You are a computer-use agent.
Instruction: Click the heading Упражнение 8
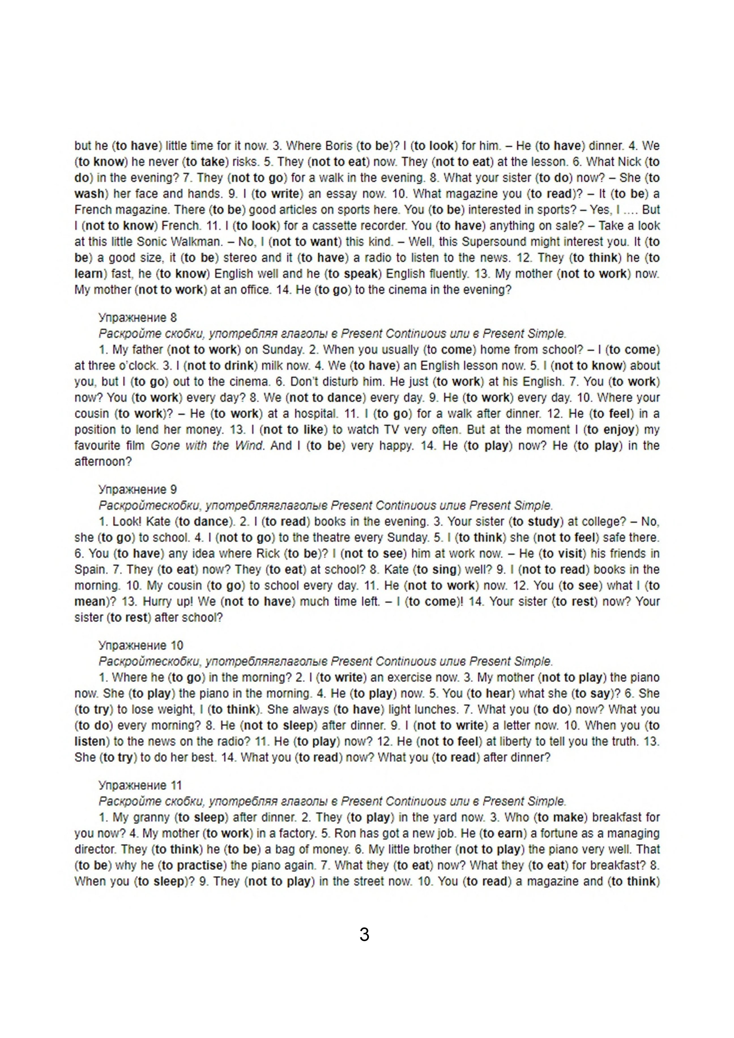pos(137,318)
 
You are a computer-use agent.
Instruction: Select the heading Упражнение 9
pos(137,490)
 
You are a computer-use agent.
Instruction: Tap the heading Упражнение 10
pos(140,645)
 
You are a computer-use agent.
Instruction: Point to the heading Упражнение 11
pos(140,785)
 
